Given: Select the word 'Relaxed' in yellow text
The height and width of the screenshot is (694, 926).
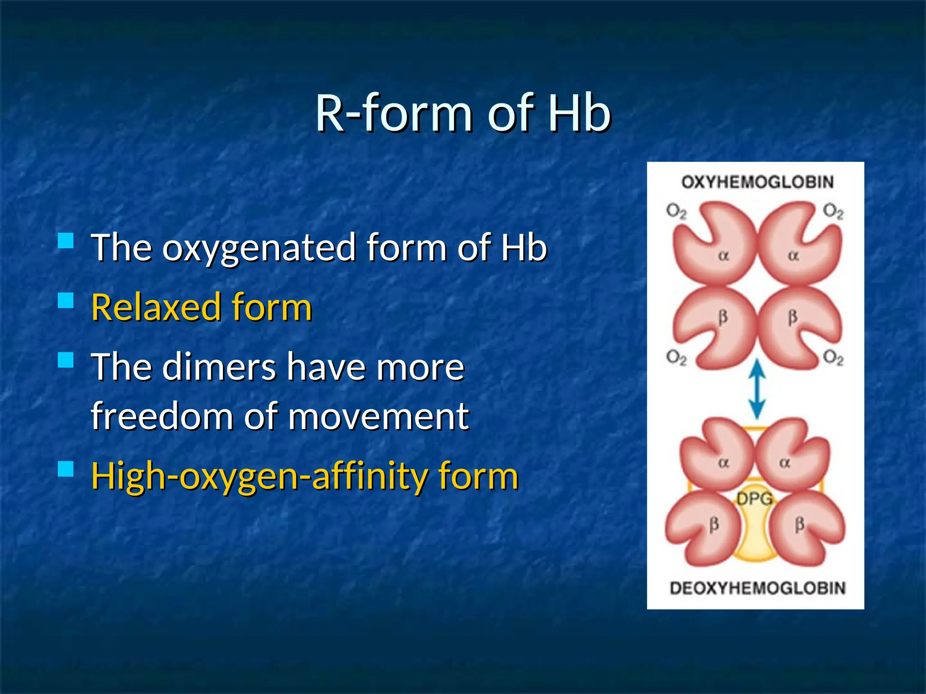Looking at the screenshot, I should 156,307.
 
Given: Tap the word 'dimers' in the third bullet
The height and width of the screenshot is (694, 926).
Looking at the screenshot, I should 219,367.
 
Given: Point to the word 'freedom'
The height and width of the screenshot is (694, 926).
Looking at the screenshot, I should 161,416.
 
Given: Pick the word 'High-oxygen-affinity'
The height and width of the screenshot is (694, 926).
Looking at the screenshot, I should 258,476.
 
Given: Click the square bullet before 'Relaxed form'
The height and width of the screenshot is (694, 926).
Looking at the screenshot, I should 66,300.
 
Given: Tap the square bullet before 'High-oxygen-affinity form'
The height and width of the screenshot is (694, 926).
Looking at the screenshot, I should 66,469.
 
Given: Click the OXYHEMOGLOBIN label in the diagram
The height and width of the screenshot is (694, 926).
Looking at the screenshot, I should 757,182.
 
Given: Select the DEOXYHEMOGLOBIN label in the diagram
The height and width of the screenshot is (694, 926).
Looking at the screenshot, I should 757,588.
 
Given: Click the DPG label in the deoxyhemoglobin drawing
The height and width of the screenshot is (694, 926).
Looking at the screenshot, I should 754,499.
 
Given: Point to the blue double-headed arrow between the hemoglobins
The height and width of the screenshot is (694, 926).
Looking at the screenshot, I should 757,389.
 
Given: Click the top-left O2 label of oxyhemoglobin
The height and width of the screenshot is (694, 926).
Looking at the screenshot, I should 676,211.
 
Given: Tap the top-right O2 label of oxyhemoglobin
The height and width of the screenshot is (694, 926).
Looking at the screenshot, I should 833,211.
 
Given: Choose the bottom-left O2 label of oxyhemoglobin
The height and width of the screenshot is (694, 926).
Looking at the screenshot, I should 676,358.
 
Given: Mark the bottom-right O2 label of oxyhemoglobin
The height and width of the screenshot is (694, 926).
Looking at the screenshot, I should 833,358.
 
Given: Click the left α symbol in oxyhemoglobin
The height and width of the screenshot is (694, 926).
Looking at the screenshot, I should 723,256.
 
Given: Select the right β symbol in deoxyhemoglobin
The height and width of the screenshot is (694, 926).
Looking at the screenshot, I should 799,525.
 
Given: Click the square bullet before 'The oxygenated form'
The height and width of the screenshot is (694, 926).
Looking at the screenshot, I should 66,240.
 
